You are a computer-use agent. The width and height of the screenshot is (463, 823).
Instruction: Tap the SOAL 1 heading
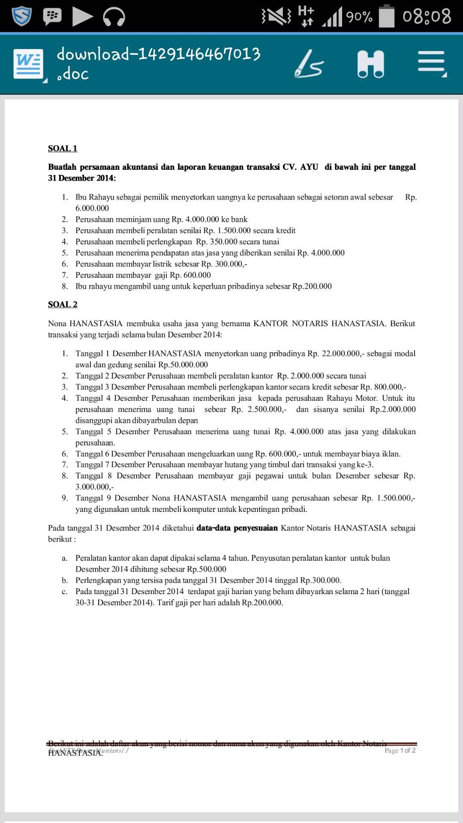click(x=62, y=149)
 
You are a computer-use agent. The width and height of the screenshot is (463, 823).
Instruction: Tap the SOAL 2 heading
click(x=62, y=305)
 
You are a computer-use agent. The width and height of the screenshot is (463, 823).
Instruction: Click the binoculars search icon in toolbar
click(x=370, y=64)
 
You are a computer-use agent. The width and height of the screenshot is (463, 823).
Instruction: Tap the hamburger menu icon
click(x=431, y=64)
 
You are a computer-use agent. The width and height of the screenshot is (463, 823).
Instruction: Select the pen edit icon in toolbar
click(x=309, y=64)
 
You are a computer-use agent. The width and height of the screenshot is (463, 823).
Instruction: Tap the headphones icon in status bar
click(x=114, y=16)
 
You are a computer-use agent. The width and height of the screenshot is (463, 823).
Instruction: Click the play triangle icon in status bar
click(x=82, y=16)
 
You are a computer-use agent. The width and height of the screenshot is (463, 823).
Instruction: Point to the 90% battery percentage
click(x=359, y=17)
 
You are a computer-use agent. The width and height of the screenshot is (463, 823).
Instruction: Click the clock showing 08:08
click(x=426, y=16)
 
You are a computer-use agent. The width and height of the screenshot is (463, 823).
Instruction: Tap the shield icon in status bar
click(x=22, y=16)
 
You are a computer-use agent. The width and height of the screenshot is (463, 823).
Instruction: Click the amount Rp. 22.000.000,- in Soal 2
click(x=334, y=353)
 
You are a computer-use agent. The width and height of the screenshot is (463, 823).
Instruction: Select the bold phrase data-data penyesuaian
click(x=237, y=528)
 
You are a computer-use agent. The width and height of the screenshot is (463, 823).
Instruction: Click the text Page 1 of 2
click(x=400, y=750)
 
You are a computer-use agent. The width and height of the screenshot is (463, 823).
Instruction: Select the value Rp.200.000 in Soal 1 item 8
click(x=312, y=287)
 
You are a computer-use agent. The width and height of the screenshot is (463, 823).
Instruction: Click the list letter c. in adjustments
click(x=64, y=592)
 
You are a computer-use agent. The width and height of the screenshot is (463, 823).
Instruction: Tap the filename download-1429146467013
click(x=158, y=54)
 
